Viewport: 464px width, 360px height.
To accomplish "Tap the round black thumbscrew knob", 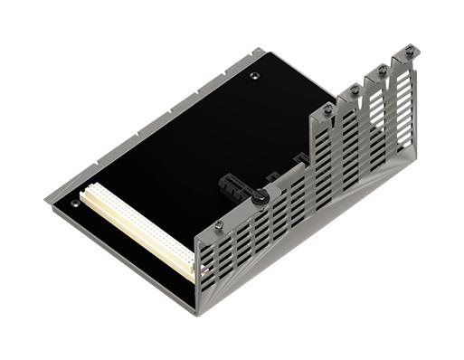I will (259, 196).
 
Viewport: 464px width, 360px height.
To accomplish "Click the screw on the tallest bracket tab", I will (409, 52).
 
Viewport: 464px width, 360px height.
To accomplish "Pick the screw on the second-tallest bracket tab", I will (381, 71).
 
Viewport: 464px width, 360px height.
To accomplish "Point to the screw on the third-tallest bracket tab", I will (354, 90).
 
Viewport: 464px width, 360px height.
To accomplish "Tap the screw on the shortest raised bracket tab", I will (327, 110).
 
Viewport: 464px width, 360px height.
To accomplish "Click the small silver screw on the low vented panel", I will (218, 223).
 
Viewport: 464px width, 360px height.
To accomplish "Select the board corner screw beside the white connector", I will (74, 204).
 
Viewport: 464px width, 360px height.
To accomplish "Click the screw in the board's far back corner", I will (254, 76).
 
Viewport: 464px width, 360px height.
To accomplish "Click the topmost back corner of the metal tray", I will (263, 50).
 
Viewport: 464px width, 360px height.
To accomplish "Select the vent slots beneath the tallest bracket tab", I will (404, 109).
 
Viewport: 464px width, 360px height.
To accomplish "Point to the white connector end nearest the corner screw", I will (87, 193).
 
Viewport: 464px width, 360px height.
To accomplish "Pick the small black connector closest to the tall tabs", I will (298, 161).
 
